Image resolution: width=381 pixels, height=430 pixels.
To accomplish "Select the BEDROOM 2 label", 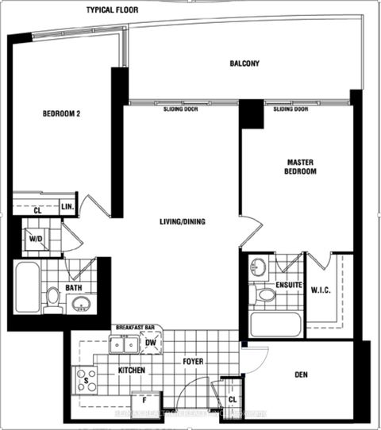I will pos(62,113).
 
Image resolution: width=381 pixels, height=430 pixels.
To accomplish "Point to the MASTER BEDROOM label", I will pos(301,167).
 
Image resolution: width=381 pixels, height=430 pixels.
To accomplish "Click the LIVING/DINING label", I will pos(182,222).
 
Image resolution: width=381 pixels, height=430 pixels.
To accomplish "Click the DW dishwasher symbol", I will pos(151,344).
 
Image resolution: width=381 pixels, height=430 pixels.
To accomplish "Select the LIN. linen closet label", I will pos(67,207).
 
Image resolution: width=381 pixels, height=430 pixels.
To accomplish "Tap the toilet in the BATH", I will pos(52,298).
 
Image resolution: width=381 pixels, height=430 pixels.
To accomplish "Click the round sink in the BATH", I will pos(80,304).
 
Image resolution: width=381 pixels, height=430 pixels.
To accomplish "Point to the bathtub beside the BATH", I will pos(26,287).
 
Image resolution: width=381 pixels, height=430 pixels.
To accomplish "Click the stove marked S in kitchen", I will pos(85,379).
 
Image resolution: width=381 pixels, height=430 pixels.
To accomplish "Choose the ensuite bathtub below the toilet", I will pos(275,324).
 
